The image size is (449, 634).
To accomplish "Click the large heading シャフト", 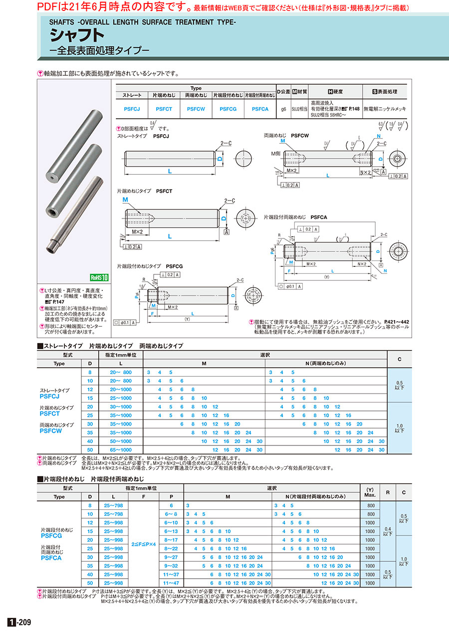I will coord(77,35).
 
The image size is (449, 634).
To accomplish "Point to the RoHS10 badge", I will coord(99,278).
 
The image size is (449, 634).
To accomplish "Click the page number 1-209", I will coord(20,622).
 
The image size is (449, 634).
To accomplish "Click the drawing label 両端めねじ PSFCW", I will coord(286,135).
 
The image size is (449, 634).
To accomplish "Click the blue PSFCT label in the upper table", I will coord(49,414).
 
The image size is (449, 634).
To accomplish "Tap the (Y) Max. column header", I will coord(370,493).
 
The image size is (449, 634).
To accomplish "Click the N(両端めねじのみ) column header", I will coord(326,364).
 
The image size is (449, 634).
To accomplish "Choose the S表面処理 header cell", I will coord(385,92).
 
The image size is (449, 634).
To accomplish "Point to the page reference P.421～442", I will coord(397,322).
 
